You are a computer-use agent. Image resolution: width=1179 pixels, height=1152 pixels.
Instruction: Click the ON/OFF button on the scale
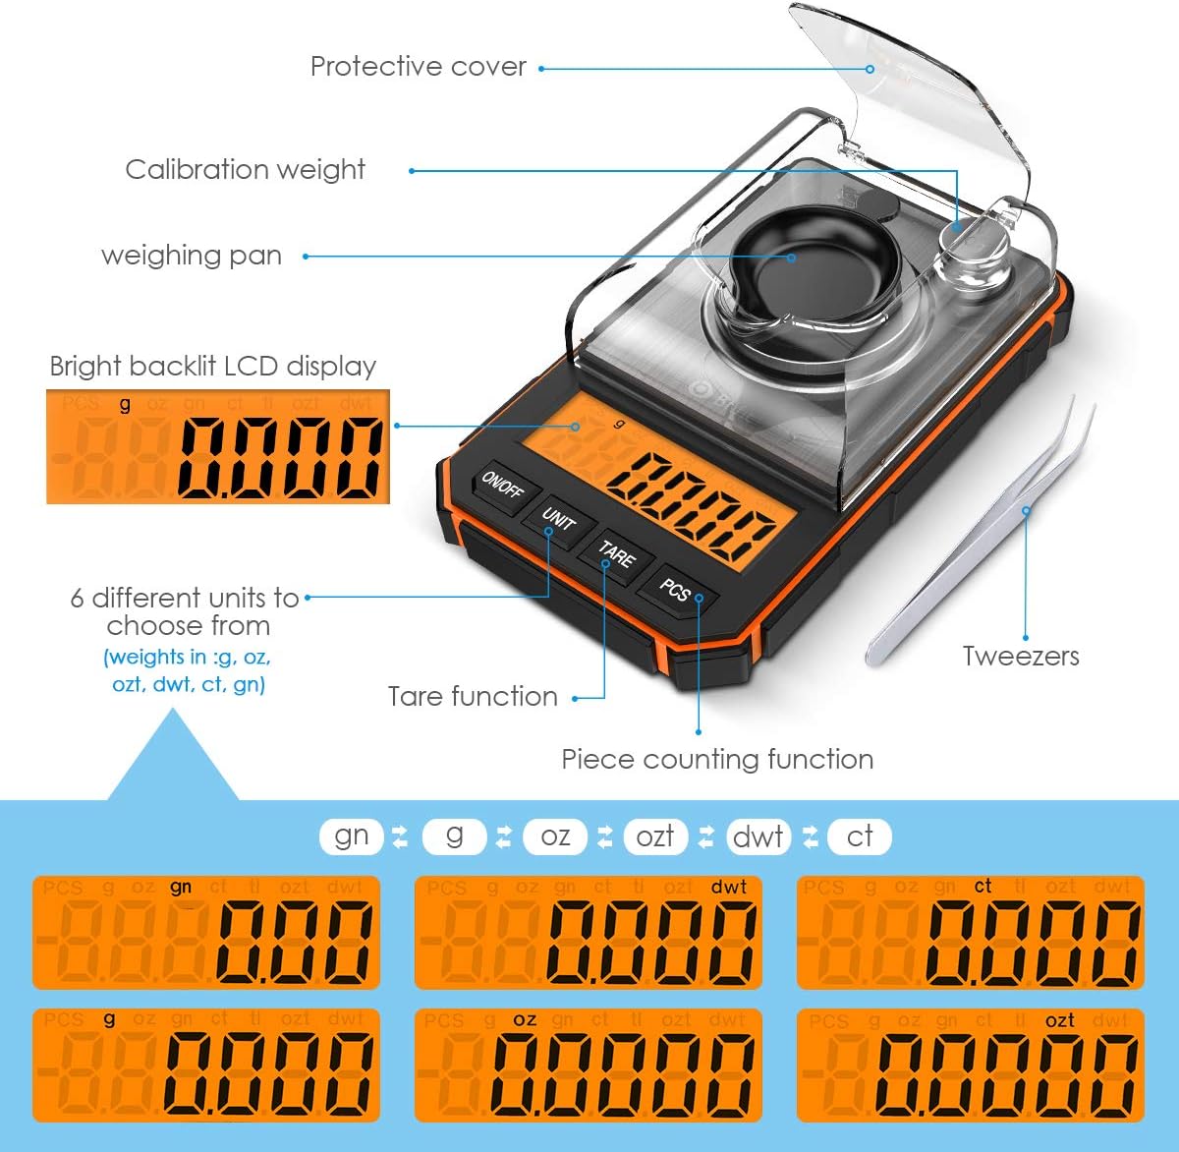coord(503,486)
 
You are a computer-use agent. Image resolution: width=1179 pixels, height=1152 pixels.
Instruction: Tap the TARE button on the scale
coord(617,554)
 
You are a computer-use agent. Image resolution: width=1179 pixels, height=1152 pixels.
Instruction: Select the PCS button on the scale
coord(675,589)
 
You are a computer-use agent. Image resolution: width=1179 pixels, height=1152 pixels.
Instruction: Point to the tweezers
coord(982,531)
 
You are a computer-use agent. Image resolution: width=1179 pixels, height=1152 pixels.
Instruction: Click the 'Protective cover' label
coord(419,67)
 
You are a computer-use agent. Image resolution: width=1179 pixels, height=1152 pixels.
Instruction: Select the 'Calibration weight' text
coord(246,170)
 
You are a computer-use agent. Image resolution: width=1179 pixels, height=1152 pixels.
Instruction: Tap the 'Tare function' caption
coord(473,697)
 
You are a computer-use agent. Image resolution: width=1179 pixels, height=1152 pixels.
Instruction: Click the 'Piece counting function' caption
coord(717,760)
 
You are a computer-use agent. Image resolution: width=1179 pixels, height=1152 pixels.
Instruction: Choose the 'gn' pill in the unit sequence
coord(351,836)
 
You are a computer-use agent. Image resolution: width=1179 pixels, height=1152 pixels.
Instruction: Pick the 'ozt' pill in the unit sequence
coord(655,836)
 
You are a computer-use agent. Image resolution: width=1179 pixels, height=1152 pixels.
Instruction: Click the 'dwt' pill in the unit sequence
coord(758,836)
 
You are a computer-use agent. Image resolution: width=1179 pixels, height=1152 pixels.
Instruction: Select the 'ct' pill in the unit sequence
coord(860,836)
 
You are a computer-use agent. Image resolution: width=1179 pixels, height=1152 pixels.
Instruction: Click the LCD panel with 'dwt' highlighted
coord(588,932)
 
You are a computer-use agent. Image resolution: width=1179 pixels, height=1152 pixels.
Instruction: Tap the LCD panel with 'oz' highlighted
coord(588,1066)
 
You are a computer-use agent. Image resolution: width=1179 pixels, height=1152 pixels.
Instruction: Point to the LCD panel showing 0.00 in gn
coord(206,932)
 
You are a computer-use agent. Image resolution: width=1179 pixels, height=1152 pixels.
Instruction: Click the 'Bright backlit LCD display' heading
coord(213,367)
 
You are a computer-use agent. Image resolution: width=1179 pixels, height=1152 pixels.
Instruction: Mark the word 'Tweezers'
coord(1021,657)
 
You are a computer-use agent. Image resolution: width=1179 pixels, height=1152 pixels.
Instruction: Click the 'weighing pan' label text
coord(192,256)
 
